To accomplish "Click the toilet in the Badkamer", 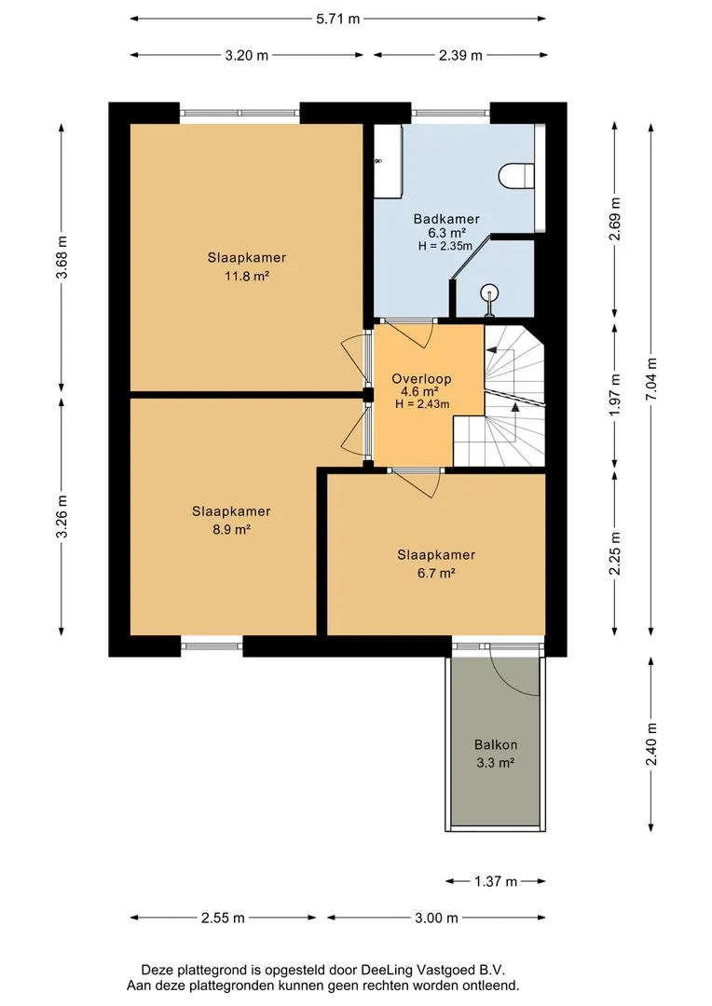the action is tap(517, 176).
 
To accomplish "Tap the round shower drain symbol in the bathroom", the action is tap(490, 293).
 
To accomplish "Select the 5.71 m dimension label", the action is tap(337, 19).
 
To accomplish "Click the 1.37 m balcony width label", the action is tap(496, 881).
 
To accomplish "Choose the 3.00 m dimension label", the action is tap(436, 918).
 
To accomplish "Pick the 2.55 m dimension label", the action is tap(223, 918).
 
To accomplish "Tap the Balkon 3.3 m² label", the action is tap(496, 754).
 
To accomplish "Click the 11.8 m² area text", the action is tap(247, 277).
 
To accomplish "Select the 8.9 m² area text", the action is tap(231, 530).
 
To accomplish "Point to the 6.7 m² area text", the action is tap(436, 573).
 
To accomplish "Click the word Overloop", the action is tap(421, 378).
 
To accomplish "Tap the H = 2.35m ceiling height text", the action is tap(445, 246).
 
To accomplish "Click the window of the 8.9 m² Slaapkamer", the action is tap(212, 646).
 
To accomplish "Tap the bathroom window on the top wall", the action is tap(451, 113).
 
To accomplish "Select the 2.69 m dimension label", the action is tap(615, 220).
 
